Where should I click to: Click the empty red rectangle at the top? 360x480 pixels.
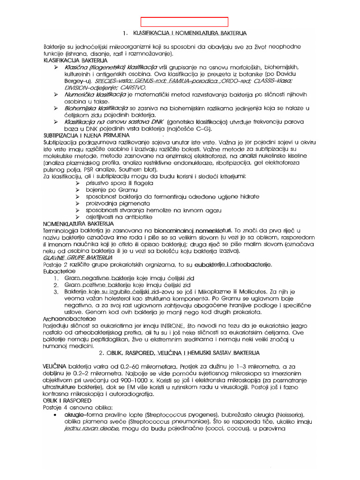pos(185,22)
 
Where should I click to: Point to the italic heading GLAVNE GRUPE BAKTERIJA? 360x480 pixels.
pos(78,258)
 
